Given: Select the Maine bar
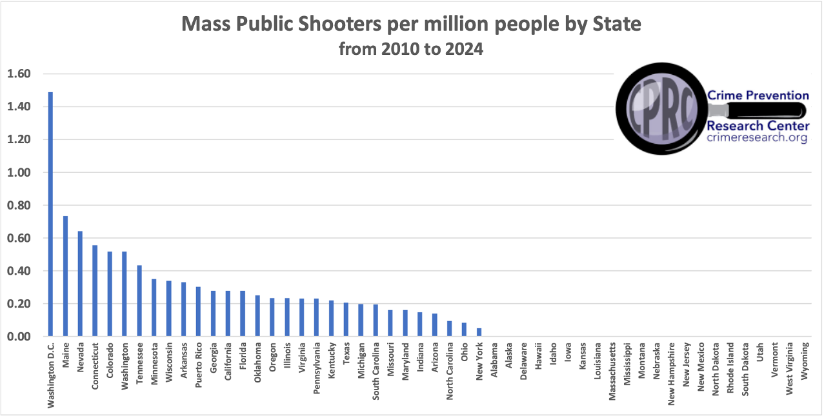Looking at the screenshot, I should point(65,276).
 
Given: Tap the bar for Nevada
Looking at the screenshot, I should point(80,284).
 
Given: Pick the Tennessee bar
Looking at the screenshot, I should point(139,301).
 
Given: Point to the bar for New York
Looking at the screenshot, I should point(479,332).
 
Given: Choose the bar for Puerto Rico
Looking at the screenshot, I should point(198,312).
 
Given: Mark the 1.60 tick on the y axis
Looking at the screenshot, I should point(19,74).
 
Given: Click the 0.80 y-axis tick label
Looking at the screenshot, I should point(19,205).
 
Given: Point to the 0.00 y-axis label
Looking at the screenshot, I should point(19,337).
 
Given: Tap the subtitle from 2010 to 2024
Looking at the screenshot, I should point(411,48).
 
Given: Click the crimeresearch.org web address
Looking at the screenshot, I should point(757,137).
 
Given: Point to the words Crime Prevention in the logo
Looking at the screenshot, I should point(758,95).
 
